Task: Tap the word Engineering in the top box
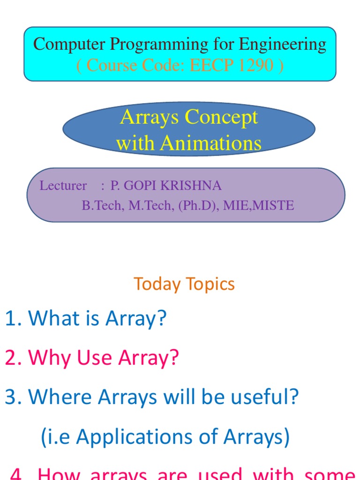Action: (283, 45)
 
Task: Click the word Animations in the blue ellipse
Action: (210, 143)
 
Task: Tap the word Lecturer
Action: (63, 186)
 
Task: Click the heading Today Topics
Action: (184, 284)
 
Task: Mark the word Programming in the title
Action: (159, 45)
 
